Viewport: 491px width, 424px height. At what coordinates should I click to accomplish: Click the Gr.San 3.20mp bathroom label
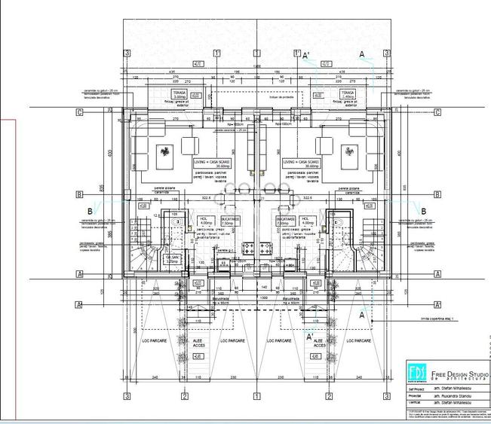pyautogui.click(x=171, y=261)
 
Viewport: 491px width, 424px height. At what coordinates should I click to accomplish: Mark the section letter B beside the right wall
pyautogui.click(x=424, y=212)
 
